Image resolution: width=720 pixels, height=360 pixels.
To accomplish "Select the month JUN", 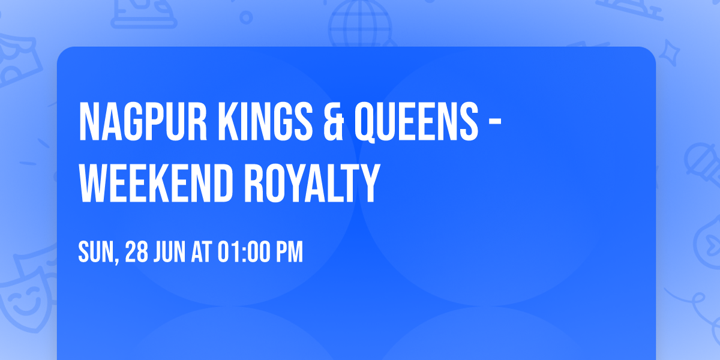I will (170, 253).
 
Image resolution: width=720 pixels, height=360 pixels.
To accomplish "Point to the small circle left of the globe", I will (246, 18).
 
